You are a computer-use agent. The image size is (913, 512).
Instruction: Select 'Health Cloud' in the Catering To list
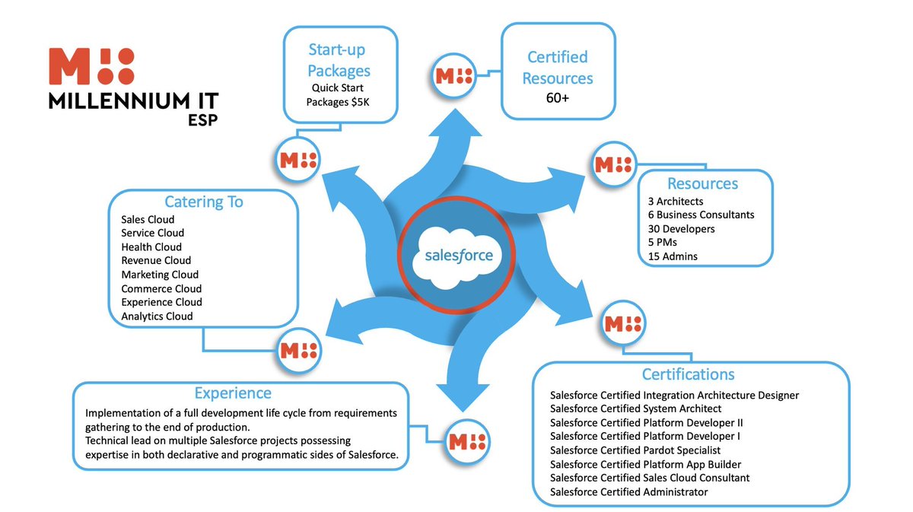(151, 246)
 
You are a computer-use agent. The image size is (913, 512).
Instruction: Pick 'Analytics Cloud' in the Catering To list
(157, 316)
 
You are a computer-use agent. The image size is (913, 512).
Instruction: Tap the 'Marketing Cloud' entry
(160, 274)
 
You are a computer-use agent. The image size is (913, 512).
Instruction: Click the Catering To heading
(203, 202)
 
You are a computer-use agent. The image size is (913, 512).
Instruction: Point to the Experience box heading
(233, 393)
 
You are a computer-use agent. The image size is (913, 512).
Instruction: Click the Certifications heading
(688, 374)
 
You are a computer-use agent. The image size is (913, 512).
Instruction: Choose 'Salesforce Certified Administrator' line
(629, 491)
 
